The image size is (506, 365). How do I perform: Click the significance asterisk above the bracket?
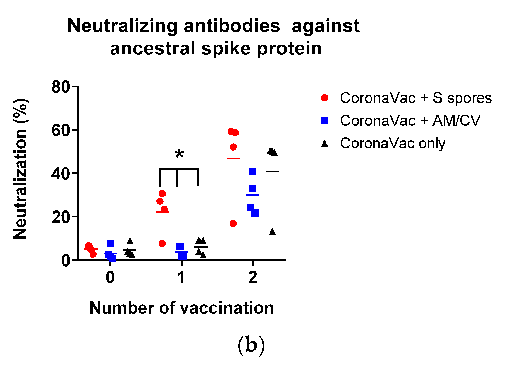pyautogui.click(x=179, y=154)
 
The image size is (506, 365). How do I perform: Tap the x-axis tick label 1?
pyautogui.click(x=181, y=277)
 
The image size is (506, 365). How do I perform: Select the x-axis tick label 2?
pyautogui.click(x=253, y=277)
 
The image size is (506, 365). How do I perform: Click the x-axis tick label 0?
pyautogui.click(x=110, y=277)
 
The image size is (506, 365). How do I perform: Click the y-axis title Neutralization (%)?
pyautogui.click(x=20, y=169)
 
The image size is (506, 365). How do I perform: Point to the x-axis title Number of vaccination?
pyautogui.click(x=181, y=308)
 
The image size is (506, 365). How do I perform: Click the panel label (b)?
pyautogui.click(x=251, y=346)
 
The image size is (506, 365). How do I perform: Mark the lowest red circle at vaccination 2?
pyautogui.click(x=233, y=224)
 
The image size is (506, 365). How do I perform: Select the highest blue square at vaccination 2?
pyautogui.click(x=253, y=172)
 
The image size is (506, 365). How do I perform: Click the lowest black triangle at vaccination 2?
pyautogui.click(x=272, y=232)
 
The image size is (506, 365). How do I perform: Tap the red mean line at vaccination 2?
pyautogui.click(x=233, y=159)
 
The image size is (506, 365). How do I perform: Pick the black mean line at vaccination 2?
pyautogui.click(x=272, y=172)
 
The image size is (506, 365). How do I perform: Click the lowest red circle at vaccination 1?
pyautogui.click(x=162, y=244)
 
